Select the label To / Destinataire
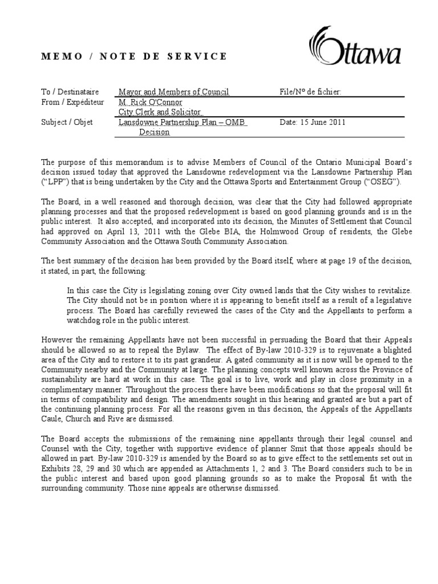pyautogui.click(x=70, y=92)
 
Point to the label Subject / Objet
pyautogui.click(x=67, y=123)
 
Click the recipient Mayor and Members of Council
pyautogui.click(x=173, y=92)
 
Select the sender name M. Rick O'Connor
pyautogui.click(x=150, y=102)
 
